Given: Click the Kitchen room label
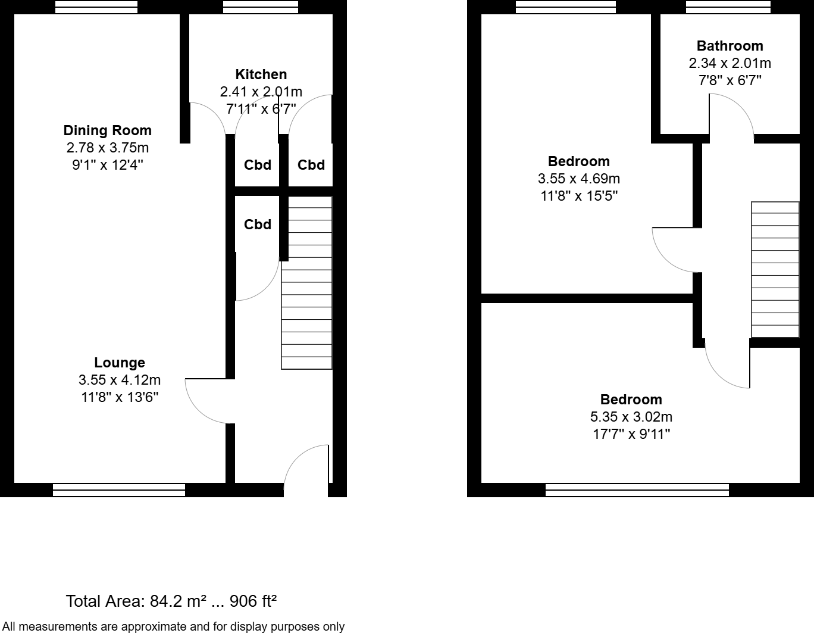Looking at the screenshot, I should click(261, 74).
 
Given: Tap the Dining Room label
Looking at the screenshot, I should click(108, 130).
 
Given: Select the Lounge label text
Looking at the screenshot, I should click(120, 363).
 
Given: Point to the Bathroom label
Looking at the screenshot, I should click(730, 46).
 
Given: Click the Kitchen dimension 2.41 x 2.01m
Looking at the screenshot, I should click(261, 92).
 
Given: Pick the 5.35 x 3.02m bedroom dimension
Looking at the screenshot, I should click(631, 417).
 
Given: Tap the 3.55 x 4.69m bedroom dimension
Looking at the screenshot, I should click(579, 179).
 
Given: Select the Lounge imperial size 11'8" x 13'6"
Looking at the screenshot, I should click(120, 397).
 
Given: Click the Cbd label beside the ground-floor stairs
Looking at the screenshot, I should click(258, 224).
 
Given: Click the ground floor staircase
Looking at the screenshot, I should click(306, 283).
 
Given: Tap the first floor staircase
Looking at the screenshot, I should click(775, 270).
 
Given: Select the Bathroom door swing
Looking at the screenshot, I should click(732, 116).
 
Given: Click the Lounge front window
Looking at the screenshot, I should click(119, 490).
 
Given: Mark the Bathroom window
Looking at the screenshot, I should click(728, 7).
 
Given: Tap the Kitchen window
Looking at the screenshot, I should click(260, 7).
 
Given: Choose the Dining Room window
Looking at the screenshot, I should click(96, 7).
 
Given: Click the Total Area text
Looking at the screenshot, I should click(171, 601).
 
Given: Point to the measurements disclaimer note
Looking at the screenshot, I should click(173, 626).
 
